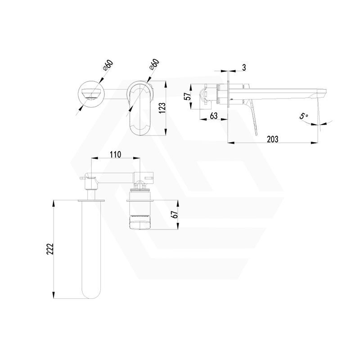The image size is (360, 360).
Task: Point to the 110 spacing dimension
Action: click(x=115, y=154)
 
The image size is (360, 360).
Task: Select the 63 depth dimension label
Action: click(x=213, y=116)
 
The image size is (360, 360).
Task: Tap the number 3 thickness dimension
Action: click(x=243, y=67)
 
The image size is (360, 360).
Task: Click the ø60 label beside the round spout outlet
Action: click(x=108, y=66)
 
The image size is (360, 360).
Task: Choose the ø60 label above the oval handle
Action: click(x=154, y=65)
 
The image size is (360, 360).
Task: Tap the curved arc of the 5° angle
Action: click(x=325, y=123)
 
